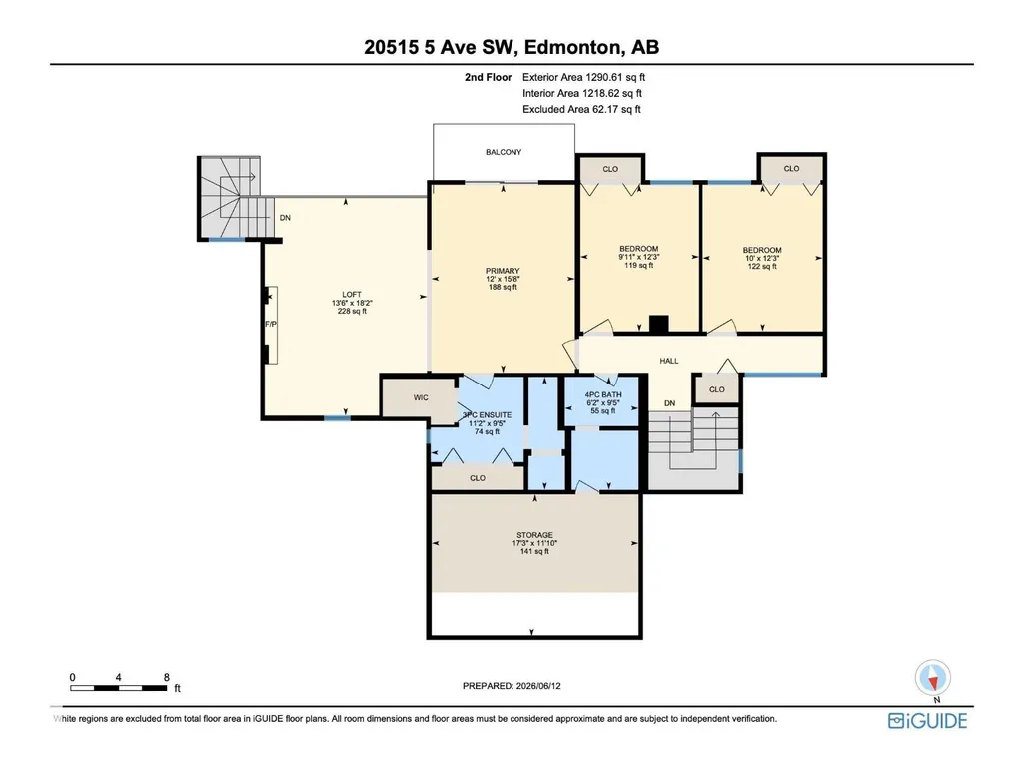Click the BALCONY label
[504, 152]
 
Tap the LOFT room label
[352, 294]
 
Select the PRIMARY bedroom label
[503, 271]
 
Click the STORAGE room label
[534, 535]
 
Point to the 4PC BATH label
[603, 395]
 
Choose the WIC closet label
[421, 397]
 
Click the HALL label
[669, 361]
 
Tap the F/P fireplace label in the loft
[271, 324]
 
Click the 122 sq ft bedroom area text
[762, 266]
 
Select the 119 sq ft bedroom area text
[638, 265]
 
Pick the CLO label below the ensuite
[478, 478]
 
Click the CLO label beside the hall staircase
[717, 389]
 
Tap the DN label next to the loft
[285, 218]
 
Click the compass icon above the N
[932, 678]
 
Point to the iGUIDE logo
[927, 721]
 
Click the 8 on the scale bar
[167, 677]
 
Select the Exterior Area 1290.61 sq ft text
[583, 77]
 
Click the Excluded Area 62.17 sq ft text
[581, 109]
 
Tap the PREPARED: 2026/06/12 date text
[512, 686]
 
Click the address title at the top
[512, 47]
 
